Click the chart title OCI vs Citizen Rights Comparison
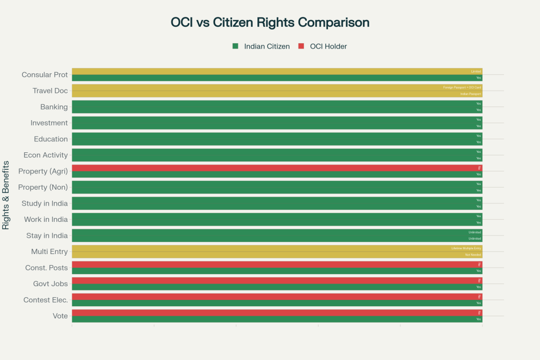click(x=270, y=23)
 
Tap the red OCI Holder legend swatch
click(x=301, y=46)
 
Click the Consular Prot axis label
click(x=44, y=75)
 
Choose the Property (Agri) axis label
click(x=43, y=171)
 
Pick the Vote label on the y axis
click(x=60, y=316)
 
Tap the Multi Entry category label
click(x=49, y=251)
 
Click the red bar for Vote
click(x=277, y=313)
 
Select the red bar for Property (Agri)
click(x=277, y=168)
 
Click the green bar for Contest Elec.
click(x=277, y=303)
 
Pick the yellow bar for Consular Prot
click(x=277, y=71)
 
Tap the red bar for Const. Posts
click(x=277, y=265)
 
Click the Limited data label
click(x=476, y=71)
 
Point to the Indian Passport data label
click(x=470, y=94)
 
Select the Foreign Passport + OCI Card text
click(x=462, y=87)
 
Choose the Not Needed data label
click(x=473, y=255)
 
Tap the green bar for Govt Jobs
click(x=277, y=287)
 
